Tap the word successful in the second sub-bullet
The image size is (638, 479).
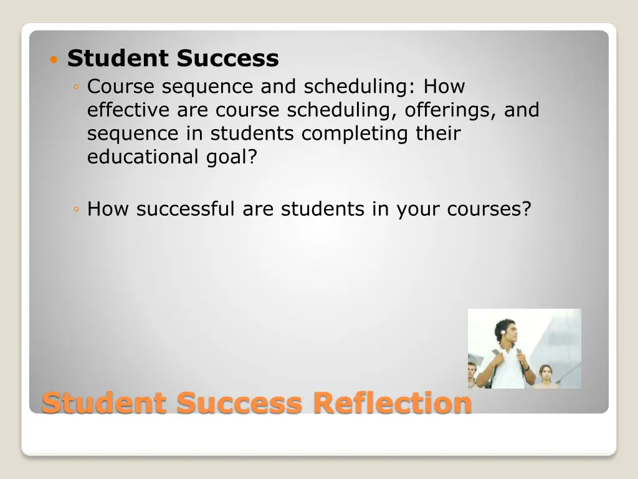(186, 208)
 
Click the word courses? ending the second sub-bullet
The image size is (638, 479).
(488, 208)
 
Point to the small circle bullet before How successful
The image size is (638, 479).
(75, 210)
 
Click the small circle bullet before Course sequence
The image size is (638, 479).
(75, 87)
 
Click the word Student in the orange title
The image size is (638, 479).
(105, 402)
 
